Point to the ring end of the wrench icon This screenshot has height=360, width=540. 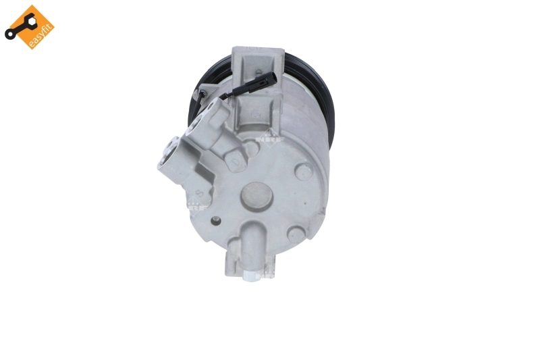click(x=9, y=33)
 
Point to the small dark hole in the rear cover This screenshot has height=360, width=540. click(x=215, y=221)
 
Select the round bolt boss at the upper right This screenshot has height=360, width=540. click(x=304, y=172)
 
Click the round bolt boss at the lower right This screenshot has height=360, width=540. click(x=295, y=234)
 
